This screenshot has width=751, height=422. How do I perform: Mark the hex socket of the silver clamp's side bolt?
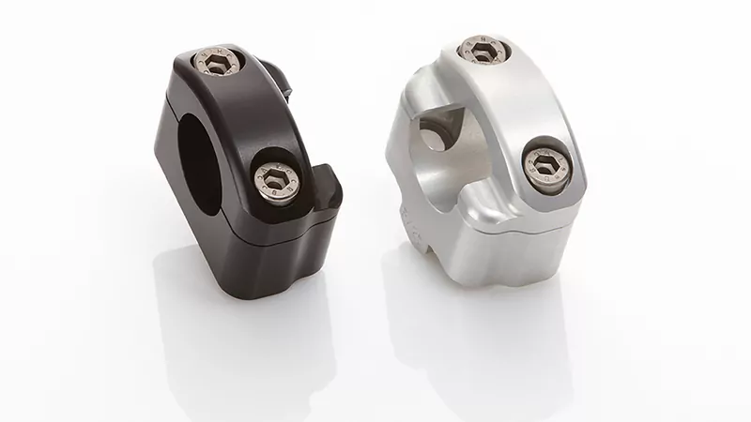(544, 165)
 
